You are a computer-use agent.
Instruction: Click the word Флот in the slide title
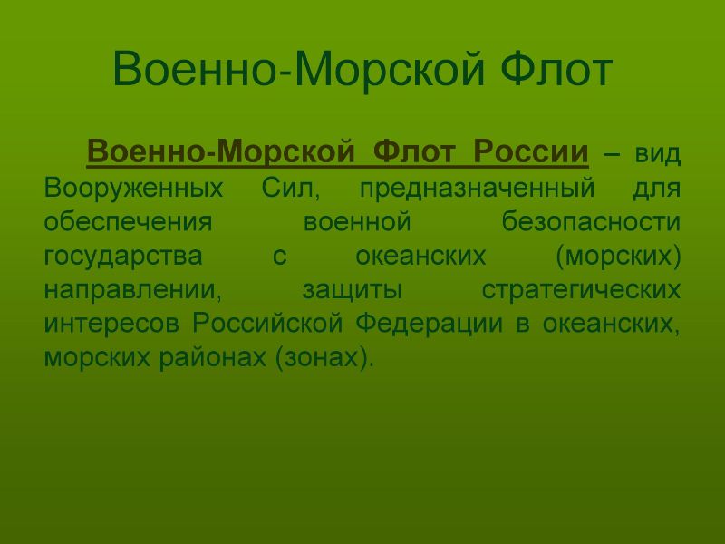tap(556, 70)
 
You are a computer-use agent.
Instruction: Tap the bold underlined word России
tap(531, 151)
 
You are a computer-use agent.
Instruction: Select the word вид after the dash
tap(658, 153)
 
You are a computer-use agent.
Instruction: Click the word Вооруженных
tap(133, 189)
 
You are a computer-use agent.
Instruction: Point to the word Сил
tap(290, 188)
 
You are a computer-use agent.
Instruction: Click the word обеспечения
tap(128, 221)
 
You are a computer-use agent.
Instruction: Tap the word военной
tap(357, 221)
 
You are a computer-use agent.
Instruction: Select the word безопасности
tap(591, 220)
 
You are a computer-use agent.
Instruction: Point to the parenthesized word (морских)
tap(618, 256)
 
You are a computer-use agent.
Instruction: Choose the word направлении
tap(132, 290)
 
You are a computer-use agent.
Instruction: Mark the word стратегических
tap(581, 290)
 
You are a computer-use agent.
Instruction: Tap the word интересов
tap(111, 323)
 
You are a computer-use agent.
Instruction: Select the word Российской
tap(267, 322)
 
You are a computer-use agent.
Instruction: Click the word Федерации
tap(429, 324)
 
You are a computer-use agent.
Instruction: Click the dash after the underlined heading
tap(611, 154)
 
